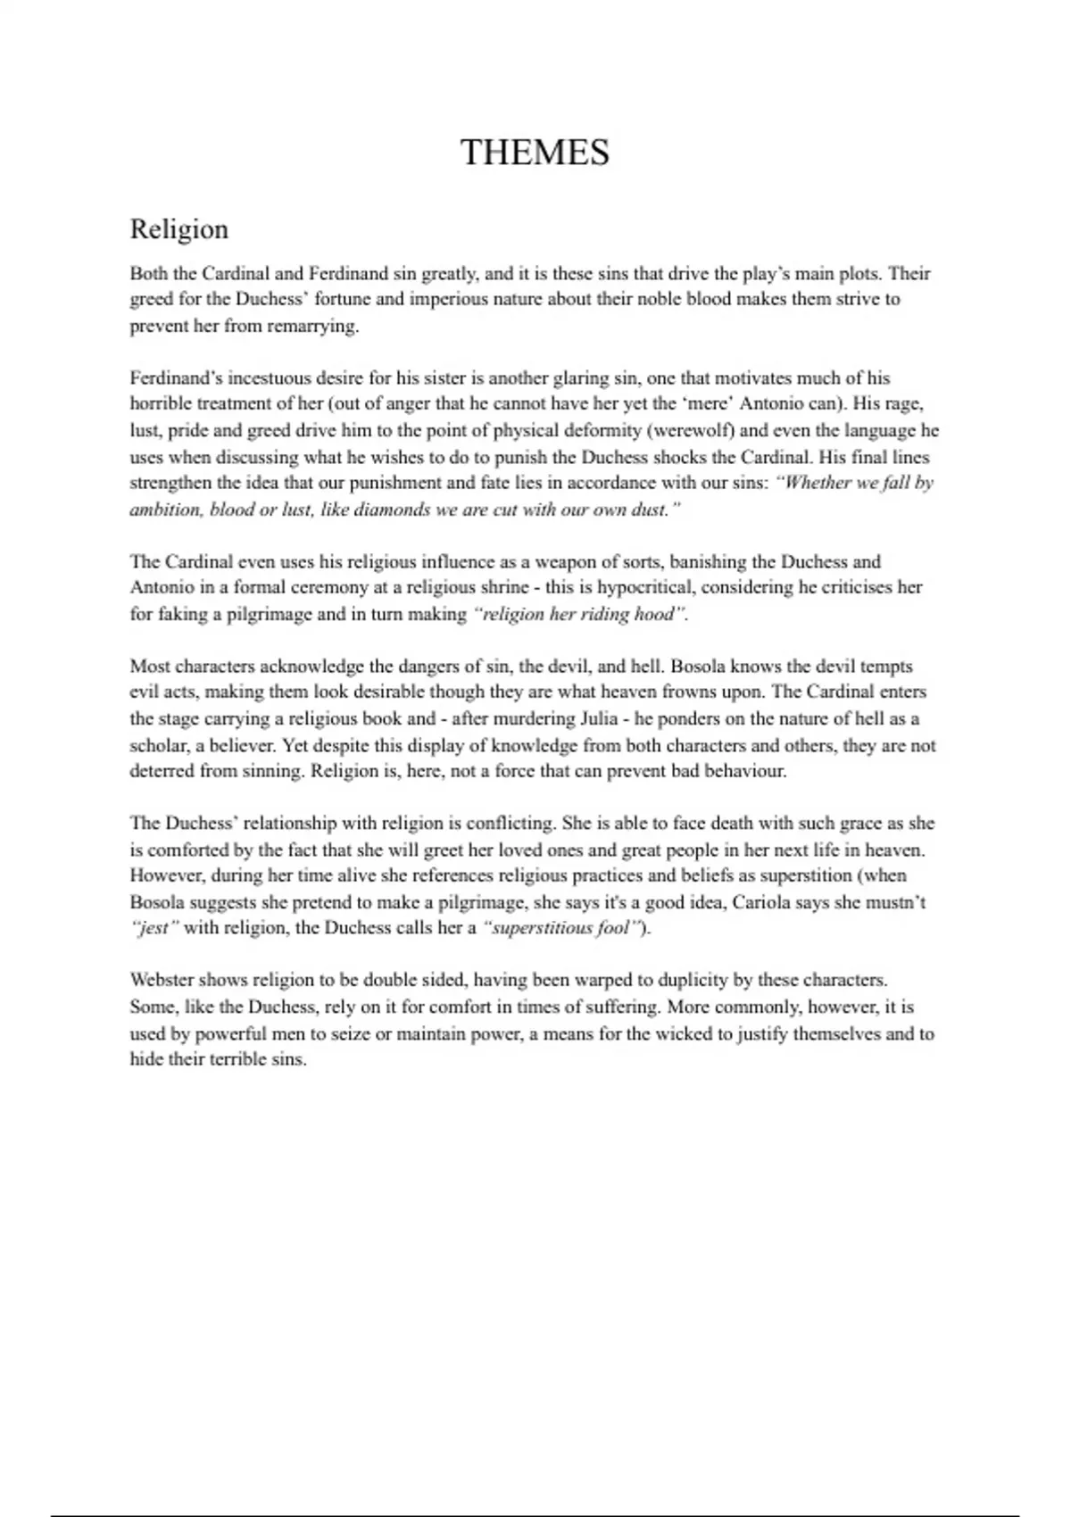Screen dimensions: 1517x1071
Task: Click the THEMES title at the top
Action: [x=535, y=153]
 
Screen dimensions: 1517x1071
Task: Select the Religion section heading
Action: [x=178, y=229]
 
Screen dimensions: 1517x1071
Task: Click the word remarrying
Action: [x=312, y=326]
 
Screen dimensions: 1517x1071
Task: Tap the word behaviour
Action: [x=740, y=771]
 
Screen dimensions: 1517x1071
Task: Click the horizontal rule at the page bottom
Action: [x=535, y=1490]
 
